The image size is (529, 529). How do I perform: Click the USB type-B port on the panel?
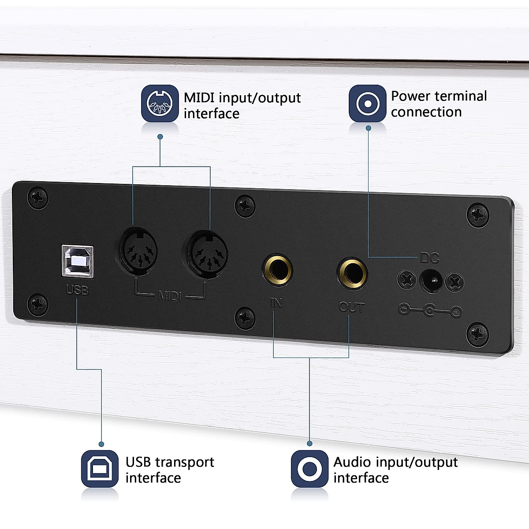point(78,261)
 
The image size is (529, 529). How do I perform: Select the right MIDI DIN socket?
point(206,255)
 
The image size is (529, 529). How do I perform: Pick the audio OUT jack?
point(352,272)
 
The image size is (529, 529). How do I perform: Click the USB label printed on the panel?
point(77,290)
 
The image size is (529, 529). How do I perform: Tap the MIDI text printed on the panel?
point(170,295)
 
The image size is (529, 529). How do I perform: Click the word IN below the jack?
point(276,303)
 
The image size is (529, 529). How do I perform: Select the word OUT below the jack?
point(351,307)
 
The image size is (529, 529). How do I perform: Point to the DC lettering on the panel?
point(429,258)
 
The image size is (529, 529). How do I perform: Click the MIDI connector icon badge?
point(160,104)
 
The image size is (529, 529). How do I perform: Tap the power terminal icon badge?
point(367,104)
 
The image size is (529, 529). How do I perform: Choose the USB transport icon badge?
point(100,469)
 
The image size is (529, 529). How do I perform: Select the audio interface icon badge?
point(309,469)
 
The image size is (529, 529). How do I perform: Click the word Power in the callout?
point(410,96)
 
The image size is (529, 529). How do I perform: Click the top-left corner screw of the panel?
point(37,198)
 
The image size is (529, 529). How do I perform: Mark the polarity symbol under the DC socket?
point(430,311)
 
